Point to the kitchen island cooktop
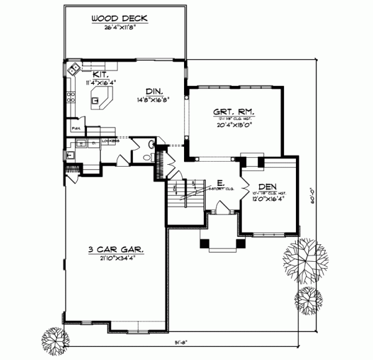click(x=96, y=98)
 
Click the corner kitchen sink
click(x=73, y=68)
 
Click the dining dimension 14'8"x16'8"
click(x=154, y=99)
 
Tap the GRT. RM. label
click(x=234, y=111)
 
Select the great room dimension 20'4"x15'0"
click(x=234, y=124)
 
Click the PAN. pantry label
click(x=76, y=128)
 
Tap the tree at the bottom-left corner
click(x=55, y=341)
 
